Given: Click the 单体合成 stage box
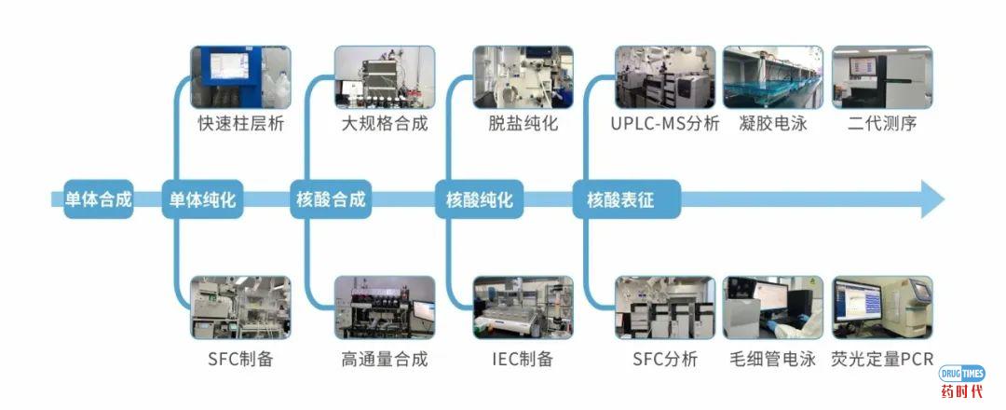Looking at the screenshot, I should pos(98,199).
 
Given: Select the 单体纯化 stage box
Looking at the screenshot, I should pos(202,199).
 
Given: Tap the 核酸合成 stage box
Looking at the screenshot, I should pos(331,199).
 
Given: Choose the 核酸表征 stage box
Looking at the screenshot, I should pos(619,199).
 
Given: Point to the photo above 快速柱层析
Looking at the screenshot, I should pos(240,77).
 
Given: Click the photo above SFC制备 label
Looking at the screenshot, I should pos(240,307).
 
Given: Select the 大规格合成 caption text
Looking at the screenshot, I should pos(385,123).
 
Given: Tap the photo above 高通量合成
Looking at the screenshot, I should pos(385,307).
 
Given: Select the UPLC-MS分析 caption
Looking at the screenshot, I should pos(665,123).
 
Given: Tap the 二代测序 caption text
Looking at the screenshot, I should pos(881,123).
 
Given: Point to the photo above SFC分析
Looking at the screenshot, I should pos(665,307).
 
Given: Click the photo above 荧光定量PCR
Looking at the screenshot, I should pos(881,307).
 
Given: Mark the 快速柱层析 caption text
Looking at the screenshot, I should pos(240,123).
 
